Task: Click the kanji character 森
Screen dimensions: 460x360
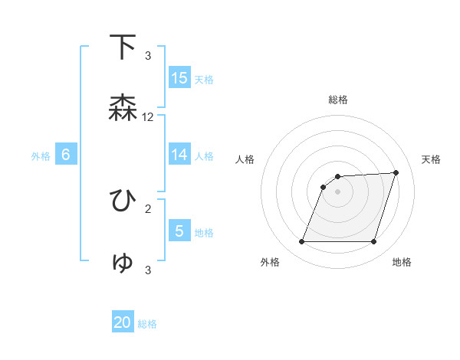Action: tap(123, 108)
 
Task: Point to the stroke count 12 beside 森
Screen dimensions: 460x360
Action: tap(148, 117)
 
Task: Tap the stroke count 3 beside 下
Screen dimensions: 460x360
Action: tap(148, 56)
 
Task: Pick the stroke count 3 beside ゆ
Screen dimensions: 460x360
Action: tap(148, 270)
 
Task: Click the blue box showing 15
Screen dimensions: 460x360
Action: tap(179, 78)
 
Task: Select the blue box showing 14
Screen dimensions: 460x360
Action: tap(179, 155)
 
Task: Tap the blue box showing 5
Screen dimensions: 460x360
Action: tap(179, 231)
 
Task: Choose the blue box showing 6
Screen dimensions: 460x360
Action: tap(66, 155)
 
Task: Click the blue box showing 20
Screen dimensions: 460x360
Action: tap(123, 322)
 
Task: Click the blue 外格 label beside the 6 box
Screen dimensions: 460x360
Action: tap(41, 156)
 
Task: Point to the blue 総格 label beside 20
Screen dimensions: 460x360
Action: tap(147, 324)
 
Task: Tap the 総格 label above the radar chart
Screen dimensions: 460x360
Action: tap(338, 100)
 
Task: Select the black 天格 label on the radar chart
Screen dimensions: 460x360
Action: tap(432, 159)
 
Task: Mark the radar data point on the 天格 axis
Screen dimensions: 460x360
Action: tap(396, 172)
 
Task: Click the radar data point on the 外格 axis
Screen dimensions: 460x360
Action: tap(301, 242)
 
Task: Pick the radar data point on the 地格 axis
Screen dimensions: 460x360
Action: tap(373, 242)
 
